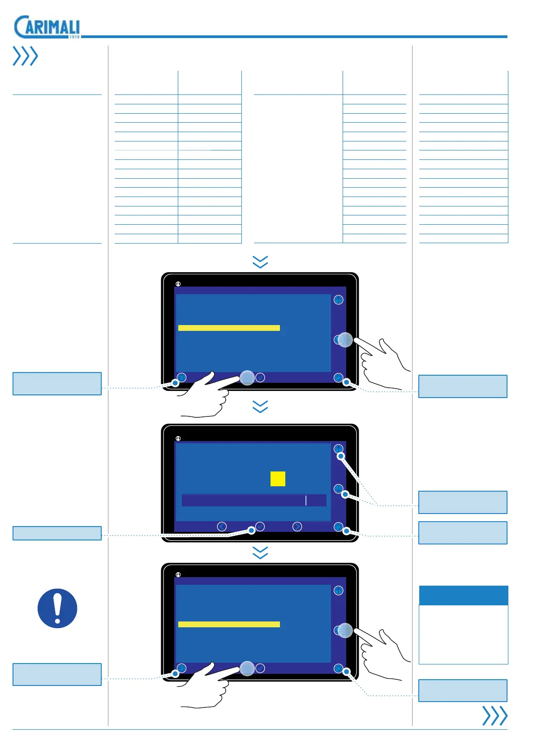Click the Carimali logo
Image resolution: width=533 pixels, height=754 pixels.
(47, 27)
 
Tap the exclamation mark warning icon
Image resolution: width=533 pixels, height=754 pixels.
(57, 608)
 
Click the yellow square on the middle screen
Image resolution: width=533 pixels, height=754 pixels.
(278, 479)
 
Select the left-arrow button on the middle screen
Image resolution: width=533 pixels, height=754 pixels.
(222, 527)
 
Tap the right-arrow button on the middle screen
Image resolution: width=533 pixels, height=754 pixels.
(297, 527)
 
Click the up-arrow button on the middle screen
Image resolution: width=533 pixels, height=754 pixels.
(338, 449)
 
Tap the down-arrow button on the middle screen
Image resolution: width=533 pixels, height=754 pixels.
(338, 488)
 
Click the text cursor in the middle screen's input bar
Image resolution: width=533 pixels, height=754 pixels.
(306, 500)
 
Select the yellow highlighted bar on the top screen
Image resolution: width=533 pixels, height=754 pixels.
(229, 328)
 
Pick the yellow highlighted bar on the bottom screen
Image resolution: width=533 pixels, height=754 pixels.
(229, 624)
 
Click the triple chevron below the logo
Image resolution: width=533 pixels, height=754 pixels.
(25, 56)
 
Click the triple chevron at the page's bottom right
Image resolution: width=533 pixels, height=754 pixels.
(494, 715)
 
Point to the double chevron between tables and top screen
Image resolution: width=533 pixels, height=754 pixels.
(260, 262)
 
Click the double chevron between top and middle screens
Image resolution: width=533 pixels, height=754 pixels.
(260, 407)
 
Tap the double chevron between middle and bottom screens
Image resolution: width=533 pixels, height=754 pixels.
(260, 553)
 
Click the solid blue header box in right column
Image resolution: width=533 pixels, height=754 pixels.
(463, 595)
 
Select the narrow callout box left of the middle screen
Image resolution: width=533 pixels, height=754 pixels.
(57, 533)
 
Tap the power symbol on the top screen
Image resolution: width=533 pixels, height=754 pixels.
(178, 284)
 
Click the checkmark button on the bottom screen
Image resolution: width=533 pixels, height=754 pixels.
(260, 668)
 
